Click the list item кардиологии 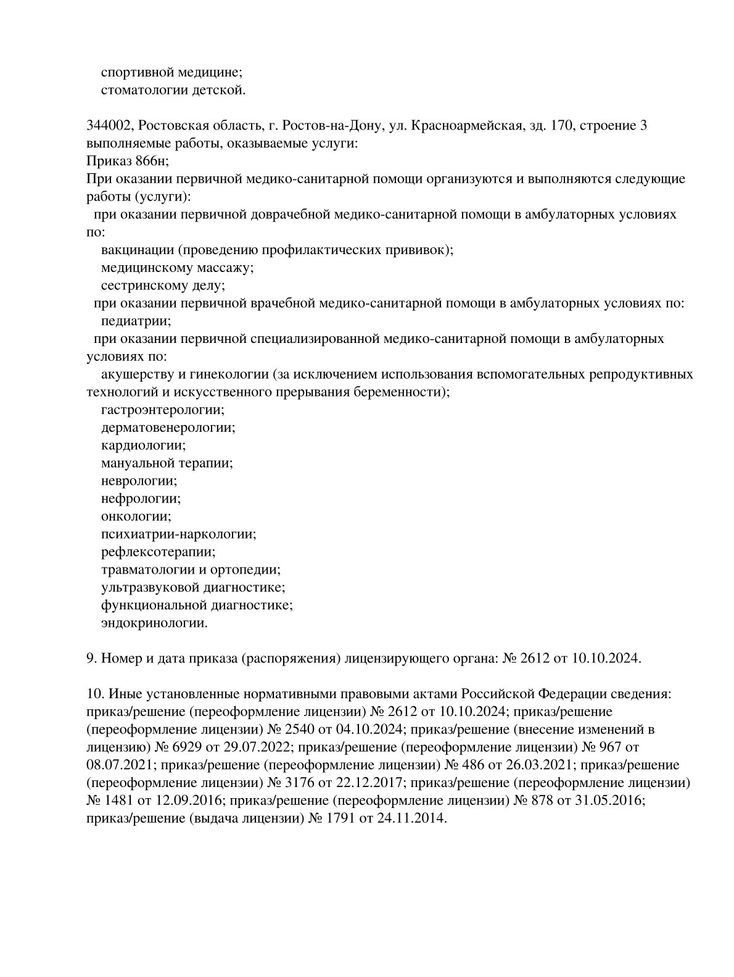(143, 445)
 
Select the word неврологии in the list (139, 480)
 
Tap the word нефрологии (141, 498)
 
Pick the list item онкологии (136, 516)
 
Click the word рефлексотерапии (158, 551)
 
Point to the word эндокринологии (154, 623)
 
